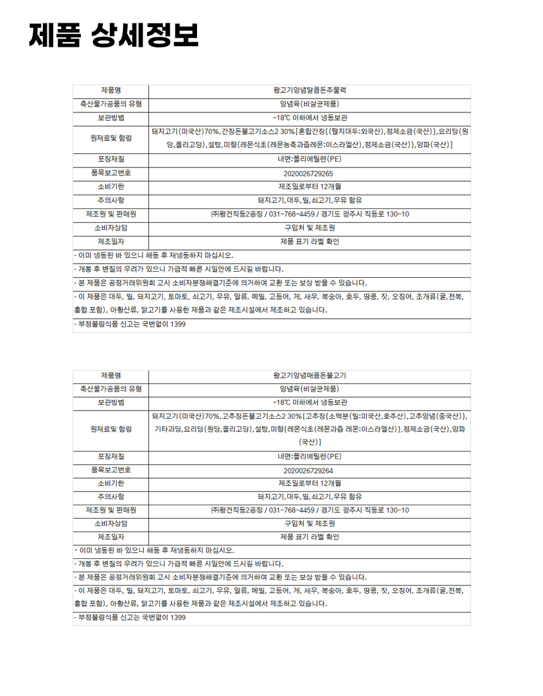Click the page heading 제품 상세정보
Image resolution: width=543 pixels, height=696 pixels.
coord(114,35)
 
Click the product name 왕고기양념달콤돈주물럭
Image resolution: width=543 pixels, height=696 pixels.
coord(309,90)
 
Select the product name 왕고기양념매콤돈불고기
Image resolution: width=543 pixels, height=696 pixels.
coord(309,376)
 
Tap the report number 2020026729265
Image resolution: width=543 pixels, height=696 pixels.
coord(309,173)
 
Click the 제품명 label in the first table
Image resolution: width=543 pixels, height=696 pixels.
coord(111,90)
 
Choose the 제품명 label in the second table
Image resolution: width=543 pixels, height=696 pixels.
coord(111,376)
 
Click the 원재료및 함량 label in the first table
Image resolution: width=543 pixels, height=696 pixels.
coord(111,138)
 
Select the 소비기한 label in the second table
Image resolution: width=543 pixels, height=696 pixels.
coord(111,483)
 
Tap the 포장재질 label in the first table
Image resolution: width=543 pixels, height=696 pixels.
coord(111,159)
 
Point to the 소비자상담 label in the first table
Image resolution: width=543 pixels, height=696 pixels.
coord(111,227)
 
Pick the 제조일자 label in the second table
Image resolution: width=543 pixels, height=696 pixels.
coord(111,537)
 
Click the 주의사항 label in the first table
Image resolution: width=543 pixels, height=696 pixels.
coord(111,200)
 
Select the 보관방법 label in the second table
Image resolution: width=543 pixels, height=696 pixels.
coord(111,402)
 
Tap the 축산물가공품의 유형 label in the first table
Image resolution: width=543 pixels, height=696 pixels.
coord(111,104)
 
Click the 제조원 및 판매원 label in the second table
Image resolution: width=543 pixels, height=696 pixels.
coord(111,510)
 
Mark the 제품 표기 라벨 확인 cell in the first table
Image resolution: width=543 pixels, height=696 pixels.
coord(309,241)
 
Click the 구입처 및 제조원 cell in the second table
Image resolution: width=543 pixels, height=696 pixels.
coord(309,524)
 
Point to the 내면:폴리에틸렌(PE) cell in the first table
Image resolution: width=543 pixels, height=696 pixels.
coord(309,159)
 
